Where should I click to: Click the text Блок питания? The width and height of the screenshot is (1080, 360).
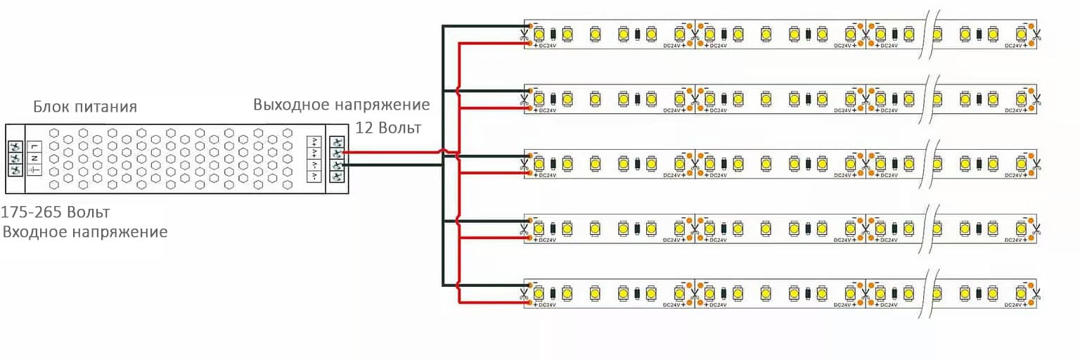tap(85, 107)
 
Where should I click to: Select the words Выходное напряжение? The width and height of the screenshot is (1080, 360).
tap(342, 105)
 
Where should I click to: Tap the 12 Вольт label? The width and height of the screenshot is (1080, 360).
tap(388, 128)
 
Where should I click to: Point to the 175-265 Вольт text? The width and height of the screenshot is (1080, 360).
tap(56, 212)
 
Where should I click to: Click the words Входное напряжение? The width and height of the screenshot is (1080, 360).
tap(85, 231)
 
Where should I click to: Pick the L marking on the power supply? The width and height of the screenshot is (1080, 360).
tap(33, 146)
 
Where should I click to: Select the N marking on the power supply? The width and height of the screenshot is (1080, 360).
tap(33, 158)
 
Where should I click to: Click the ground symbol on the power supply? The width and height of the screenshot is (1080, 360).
tap(33, 170)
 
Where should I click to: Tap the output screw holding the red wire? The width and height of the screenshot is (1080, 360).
tap(338, 153)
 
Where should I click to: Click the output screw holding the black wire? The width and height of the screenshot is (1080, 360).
tap(338, 165)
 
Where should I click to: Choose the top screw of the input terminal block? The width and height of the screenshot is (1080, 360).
tap(15, 146)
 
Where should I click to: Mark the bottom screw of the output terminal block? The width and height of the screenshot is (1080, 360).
tap(338, 177)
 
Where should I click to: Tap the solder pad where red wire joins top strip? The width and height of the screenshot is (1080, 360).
tap(528, 44)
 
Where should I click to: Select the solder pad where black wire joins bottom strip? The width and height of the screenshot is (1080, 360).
tap(528, 283)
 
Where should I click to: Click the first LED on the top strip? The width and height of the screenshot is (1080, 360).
tap(539, 34)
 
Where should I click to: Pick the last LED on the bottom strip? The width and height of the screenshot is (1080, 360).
tap(1020, 290)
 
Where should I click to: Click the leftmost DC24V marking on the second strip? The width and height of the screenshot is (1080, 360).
tap(547, 110)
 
